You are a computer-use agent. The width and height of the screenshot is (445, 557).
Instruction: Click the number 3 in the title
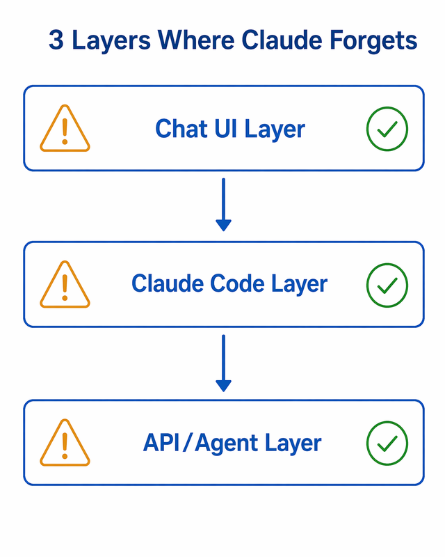pyautogui.click(x=56, y=41)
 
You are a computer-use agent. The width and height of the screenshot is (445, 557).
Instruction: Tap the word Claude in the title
pyautogui.click(x=278, y=41)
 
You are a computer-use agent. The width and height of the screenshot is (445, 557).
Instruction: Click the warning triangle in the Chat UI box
pyautogui.click(x=65, y=130)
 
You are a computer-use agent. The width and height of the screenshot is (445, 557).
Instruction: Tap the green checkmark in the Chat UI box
pyautogui.click(x=387, y=129)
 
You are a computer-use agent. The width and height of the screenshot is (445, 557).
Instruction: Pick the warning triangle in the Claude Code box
pyautogui.click(x=65, y=285)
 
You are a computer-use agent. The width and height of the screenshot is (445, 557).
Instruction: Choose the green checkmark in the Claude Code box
pyautogui.click(x=387, y=285)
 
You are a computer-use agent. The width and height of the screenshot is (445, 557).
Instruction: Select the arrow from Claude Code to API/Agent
pyautogui.click(x=223, y=363)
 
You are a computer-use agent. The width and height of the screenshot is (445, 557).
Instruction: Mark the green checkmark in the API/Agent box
pyautogui.click(x=387, y=444)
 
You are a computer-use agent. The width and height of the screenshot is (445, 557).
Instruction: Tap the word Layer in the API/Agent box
pyautogui.click(x=294, y=443)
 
